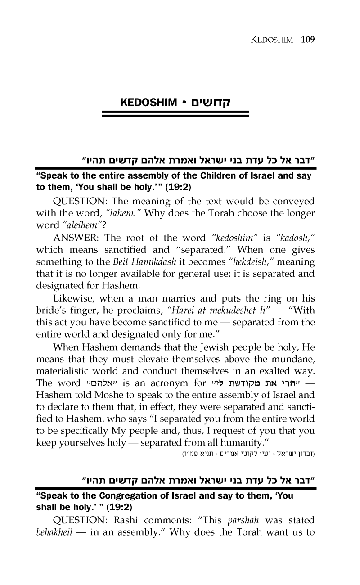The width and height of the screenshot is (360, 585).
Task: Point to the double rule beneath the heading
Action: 175,116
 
